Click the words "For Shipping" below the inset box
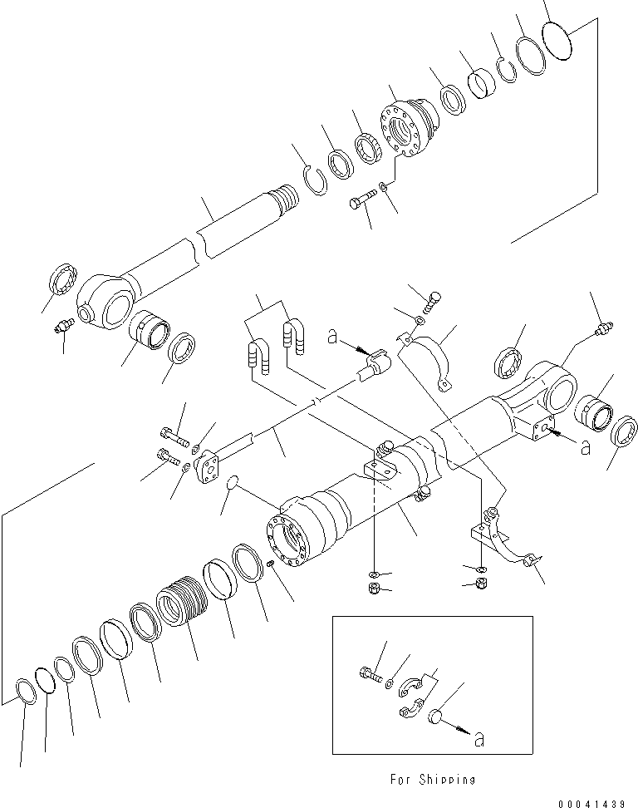433,780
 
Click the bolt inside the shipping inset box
371,674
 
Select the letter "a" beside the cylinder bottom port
585,448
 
